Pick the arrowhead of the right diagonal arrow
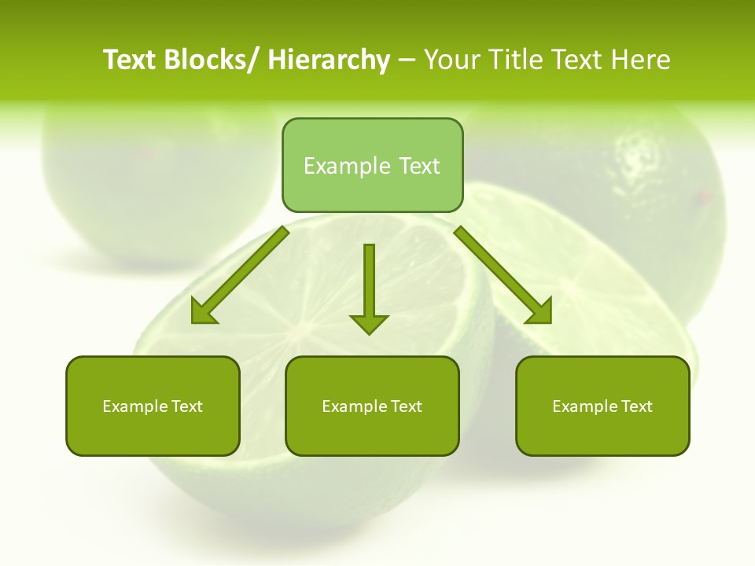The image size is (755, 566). [x=540, y=311]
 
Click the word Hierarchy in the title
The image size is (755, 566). [x=329, y=60]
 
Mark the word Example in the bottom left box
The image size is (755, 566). [x=134, y=406]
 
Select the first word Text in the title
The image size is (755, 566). [x=131, y=60]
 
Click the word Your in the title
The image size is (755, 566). [x=451, y=60]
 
